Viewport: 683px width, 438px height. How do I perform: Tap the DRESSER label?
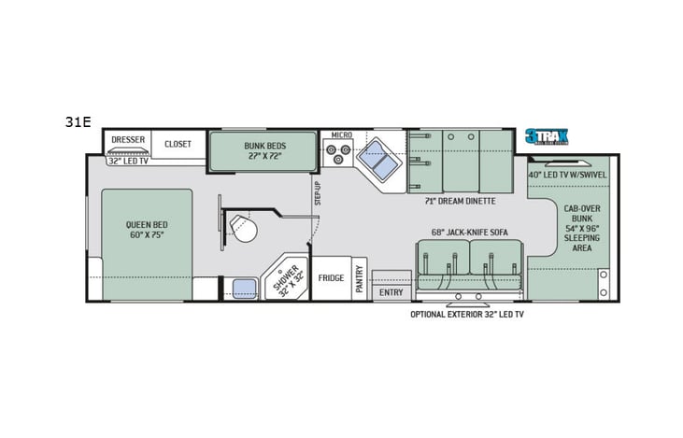128,140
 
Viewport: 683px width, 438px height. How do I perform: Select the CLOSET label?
178,144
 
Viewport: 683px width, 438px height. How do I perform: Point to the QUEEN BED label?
147,230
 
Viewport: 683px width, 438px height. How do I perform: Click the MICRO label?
341,136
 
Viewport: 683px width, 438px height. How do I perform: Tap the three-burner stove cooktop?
338,156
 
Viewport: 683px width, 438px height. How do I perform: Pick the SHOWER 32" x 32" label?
284,278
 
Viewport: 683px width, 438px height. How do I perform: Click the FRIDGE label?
331,278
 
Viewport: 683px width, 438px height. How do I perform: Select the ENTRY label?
391,292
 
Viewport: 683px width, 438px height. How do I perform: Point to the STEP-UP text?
318,193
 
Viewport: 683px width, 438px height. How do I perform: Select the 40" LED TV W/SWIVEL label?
567,175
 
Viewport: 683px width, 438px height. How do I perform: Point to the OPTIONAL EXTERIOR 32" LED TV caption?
467,315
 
